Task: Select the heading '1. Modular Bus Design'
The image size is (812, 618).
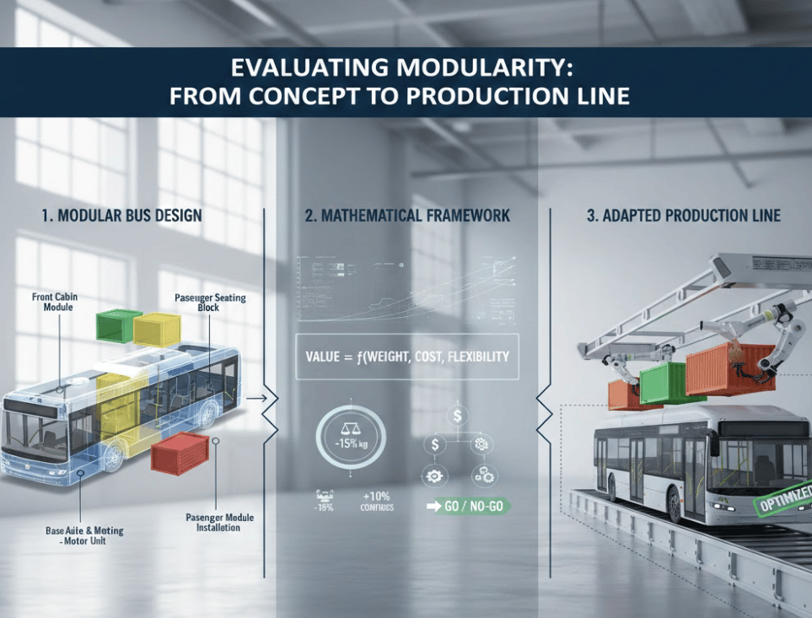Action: (121, 215)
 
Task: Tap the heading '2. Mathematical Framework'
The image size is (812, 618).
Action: (407, 216)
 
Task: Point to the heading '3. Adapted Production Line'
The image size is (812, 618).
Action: (683, 216)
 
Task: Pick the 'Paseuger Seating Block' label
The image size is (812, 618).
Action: (209, 302)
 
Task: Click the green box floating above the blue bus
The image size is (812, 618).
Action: (118, 325)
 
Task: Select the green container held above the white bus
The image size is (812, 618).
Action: (671, 382)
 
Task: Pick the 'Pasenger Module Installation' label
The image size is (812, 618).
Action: (219, 522)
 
